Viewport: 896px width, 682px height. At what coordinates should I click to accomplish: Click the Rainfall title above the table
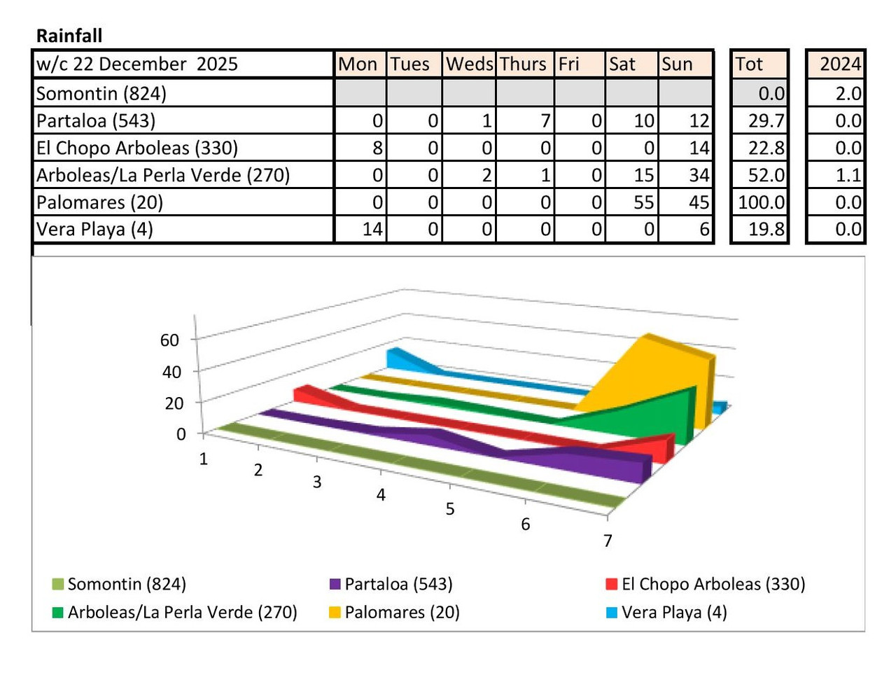(x=69, y=36)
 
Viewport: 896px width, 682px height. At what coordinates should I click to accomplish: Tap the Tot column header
(x=749, y=64)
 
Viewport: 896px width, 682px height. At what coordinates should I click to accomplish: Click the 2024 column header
(x=840, y=64)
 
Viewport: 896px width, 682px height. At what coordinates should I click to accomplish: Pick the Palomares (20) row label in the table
(x=99, y=202)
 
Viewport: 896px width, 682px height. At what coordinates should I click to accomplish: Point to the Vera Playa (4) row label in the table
(x=94, y=229)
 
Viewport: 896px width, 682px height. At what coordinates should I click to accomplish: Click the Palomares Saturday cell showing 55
(x=643, y=202)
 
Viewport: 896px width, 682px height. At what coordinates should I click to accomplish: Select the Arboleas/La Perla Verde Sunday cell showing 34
(x=699, y=175)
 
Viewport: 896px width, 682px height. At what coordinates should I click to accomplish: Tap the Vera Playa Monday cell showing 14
(x=372, y=229)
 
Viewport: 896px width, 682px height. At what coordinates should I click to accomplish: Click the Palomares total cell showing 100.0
(x=761, y=202)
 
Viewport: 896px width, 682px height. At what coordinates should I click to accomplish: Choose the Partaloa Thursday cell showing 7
(x=545, y=120)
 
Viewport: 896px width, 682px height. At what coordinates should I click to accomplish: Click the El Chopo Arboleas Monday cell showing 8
(x=377, y=148)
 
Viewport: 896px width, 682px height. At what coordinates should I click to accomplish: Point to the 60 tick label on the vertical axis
(x=170, y=340)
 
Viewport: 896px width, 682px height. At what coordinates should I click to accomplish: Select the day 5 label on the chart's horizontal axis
(x=450, y=509)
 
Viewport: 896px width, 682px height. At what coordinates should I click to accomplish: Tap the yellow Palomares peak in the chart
(x=651, y=339)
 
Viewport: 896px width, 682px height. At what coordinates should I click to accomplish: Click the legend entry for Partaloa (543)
(x=398, y=584)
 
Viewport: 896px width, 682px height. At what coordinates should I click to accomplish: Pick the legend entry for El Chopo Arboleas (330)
(x=713, y=584)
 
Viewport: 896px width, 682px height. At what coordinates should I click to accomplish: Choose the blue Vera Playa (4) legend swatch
(x=612, y=613)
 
